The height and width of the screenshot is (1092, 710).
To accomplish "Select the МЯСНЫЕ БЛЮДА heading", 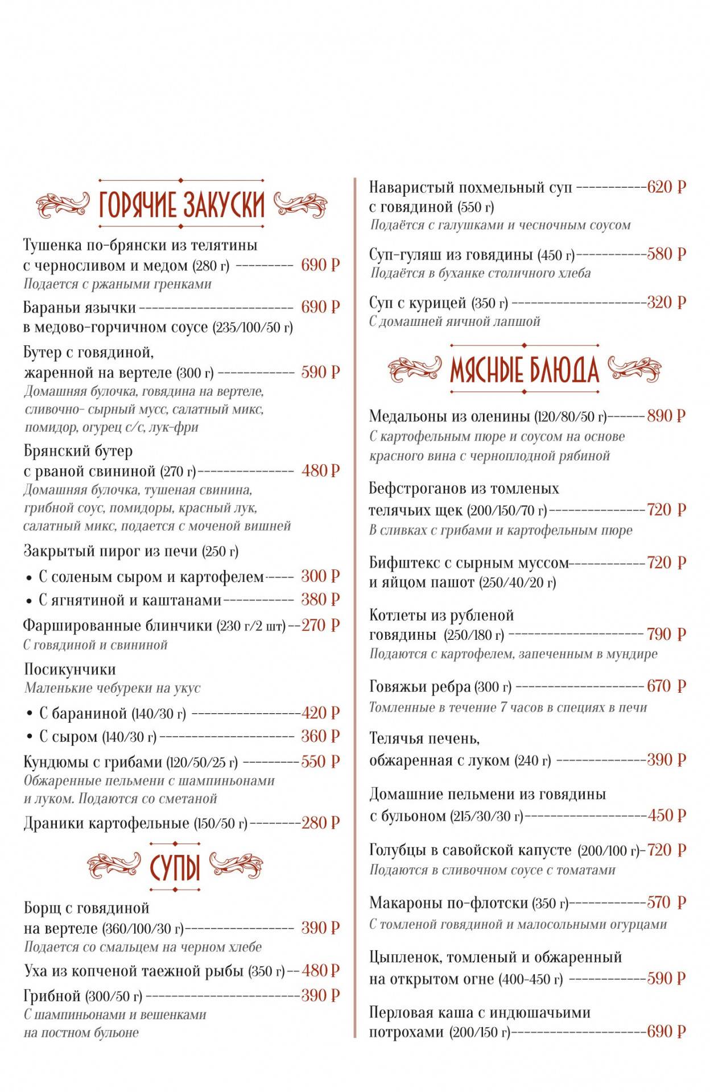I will click(524, 370).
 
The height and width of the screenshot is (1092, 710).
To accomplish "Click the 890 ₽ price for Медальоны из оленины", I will click(666, 416).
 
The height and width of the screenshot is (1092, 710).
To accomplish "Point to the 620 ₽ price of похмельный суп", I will click(666, 187).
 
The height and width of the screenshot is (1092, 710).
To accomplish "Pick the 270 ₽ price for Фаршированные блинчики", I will click(320, 626).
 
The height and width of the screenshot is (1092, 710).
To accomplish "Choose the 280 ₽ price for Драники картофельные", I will click(320, 823).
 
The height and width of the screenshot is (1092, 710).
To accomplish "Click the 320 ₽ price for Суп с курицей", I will click(666, 303).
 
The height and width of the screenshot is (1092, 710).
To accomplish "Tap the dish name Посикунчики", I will click(69, 669).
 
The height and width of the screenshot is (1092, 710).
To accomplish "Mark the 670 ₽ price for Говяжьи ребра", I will click(666, 686).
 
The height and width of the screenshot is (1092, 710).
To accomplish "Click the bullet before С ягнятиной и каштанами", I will click(29, 601).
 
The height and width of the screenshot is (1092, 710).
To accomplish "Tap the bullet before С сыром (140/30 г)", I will click(29, 738).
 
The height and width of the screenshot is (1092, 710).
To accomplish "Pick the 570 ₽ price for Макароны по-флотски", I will click(666, 903).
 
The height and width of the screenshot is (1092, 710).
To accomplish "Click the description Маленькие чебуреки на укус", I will click(112, 688).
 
